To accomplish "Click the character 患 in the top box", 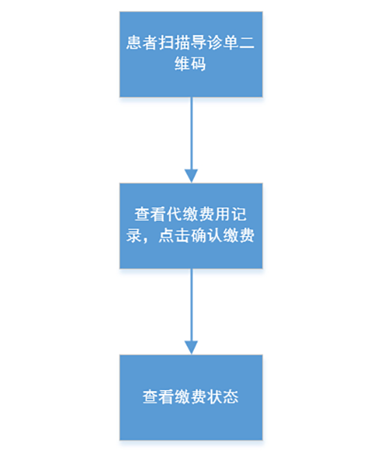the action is click(x=134, y=43).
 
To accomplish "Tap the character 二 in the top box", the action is click(x=247, y=43).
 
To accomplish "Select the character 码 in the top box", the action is click(x=198, y=64).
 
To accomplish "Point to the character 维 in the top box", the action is click(x=183, y=64).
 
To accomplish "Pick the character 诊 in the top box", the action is click(x=215, y=43).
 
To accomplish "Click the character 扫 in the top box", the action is click(x=166, y=43).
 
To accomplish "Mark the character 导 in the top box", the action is click(x=198, y=43).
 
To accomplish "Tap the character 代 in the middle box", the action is click(x=174, y=215).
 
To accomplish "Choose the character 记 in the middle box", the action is click(x=239, y=215).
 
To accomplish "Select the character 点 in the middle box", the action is click(x=166, y=235).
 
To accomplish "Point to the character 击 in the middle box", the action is click(x=183, y=235).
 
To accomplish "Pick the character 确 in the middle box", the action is click(x=198, y=235).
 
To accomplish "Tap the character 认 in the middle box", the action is click(x=215, y=235).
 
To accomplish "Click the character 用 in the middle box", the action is click(x=223, y=215).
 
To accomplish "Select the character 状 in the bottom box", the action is click(x=215, y=397).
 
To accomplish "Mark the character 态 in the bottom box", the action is click(x=230, y=397).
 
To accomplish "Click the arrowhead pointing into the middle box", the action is click(x=191, y=176).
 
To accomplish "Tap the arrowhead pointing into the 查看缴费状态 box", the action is click(x=191, y=348).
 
